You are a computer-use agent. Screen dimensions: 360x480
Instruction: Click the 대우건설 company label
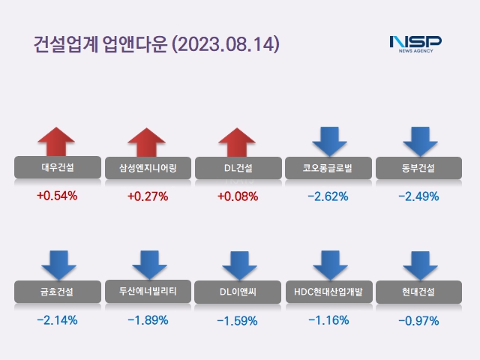coord(57,167)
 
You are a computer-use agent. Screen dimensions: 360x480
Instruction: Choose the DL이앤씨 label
coord(238,291)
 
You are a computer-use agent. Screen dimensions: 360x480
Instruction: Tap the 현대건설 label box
coord(419,291)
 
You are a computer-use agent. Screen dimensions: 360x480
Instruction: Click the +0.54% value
coord(57,196)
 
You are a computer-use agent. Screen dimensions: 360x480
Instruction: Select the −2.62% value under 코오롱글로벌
coord(328,196)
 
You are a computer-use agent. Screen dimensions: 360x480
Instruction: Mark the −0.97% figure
coord(419,320)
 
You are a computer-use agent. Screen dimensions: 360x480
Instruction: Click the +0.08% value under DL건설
coord(238,196)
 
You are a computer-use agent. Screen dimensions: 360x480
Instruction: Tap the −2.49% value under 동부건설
coord(419,196)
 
